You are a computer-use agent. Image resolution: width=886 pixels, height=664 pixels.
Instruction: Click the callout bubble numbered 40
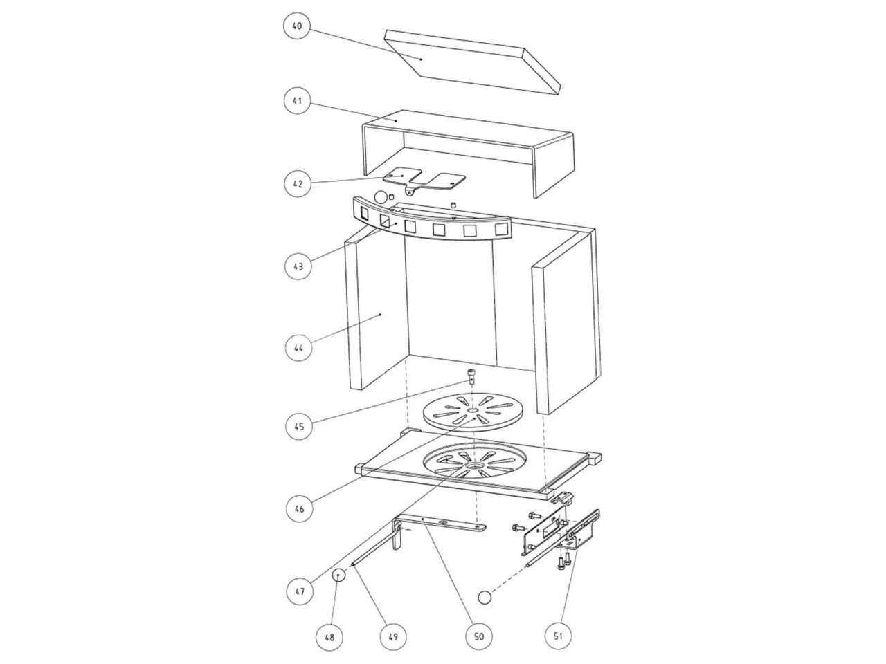(297, 26)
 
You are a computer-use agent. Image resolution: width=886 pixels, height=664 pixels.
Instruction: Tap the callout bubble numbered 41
(298, 100)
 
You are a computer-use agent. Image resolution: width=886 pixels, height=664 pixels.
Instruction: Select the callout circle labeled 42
(298, 184)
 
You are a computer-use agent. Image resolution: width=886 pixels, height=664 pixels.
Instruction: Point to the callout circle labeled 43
(298, 266)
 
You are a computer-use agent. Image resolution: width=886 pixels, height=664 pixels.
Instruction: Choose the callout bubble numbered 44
(299, 347)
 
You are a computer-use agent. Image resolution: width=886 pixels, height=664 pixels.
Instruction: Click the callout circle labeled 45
(299, 427)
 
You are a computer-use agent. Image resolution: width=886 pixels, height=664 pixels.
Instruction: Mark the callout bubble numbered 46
(300, 509)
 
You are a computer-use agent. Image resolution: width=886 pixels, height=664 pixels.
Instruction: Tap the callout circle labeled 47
(300, 591)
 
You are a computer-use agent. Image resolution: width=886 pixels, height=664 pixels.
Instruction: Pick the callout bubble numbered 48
(329, 637)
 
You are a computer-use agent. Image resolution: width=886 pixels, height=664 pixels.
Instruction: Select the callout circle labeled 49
(393, 636)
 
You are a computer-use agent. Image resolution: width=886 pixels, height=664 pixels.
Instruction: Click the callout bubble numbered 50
(479, 636)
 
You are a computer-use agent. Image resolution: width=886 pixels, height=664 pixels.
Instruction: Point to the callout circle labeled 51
(558, 636)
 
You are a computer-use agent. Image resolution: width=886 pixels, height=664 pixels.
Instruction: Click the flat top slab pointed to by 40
(472, 62)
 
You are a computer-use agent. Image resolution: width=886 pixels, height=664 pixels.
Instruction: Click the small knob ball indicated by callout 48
(338, 575)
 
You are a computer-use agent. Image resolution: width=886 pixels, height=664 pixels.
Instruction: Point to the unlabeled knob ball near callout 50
(485, 597)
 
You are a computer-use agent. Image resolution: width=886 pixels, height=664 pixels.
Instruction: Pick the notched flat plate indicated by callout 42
(424, 181)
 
